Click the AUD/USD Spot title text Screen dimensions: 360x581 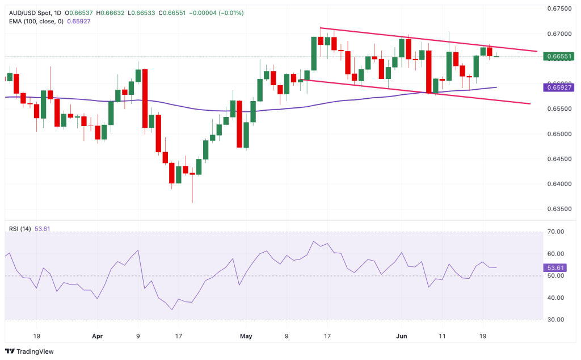click(x=32, y=12)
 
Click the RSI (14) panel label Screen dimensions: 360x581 click(x=20, y=229)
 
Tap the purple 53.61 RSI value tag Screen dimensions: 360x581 click(x=554, y=267)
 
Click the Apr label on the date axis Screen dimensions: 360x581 click(x=98, y=336)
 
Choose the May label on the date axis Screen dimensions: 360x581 click(x=246, y=336)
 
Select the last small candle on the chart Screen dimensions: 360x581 click(x=496, y=56)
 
